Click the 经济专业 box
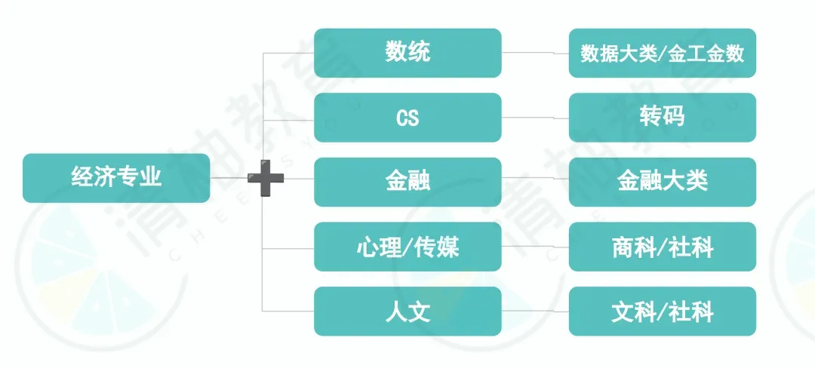(116, 178)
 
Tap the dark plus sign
(266, 179)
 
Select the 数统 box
(407, 53)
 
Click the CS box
(407, 118)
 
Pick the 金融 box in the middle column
(407, 182)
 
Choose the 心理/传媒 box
(407, 247)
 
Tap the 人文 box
(407, 311)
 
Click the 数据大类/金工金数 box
(662, 53)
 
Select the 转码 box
(662, 118)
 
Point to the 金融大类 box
(662, 182)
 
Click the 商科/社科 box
(662, 247)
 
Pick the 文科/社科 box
(662, 311)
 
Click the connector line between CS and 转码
(535, 118)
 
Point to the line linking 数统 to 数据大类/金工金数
(535, 54)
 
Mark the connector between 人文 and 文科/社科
(535, 311)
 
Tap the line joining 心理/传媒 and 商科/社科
(535, 246)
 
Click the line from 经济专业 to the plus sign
(229, 178)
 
